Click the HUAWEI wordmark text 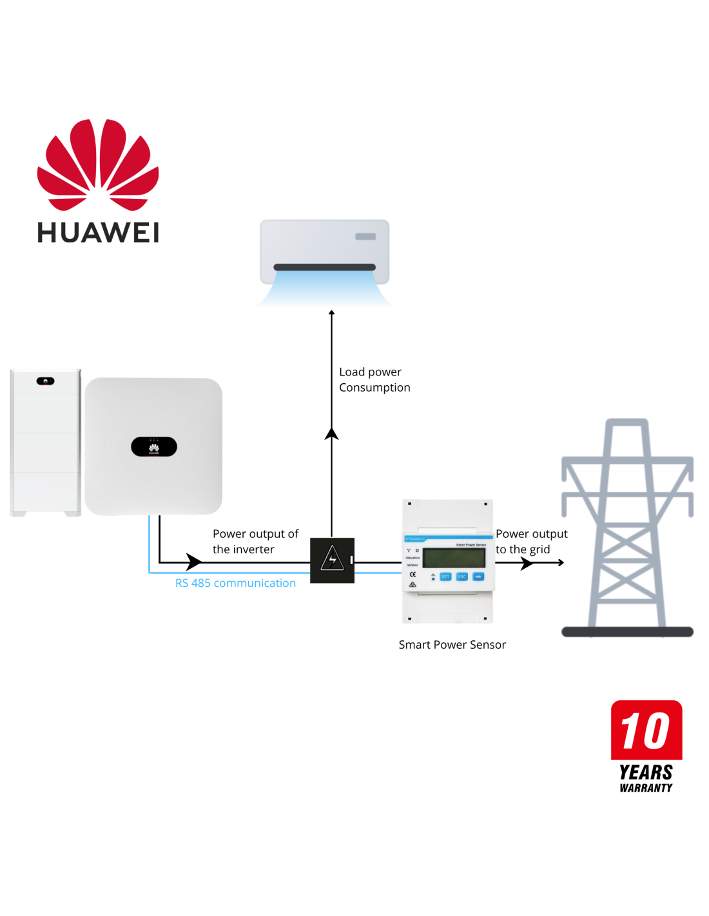click(x=98, y=233)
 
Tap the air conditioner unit click(x=324, y=253)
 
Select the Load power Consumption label click(x=374, y=379)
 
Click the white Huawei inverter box click(x=153, y=446)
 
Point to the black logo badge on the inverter click(x=154, y=446)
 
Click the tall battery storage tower click(x=45, y=443)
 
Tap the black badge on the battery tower click(x=45, y=381)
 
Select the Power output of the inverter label click(x=255, y=541)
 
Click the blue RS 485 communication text click(x=235, y=583)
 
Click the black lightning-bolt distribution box click(x=332, y=560)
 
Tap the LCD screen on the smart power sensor click(x=454, y=558)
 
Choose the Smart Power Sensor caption click(x=452, y=644)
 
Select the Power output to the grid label click(x=531, y=541)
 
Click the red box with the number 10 click(x=646, y=730)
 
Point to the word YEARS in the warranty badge click(x=646, y=772)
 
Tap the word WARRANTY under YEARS click(x=646, y=788)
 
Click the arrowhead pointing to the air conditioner click(x=331, y=313)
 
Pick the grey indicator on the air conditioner click(x=365, y=236)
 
